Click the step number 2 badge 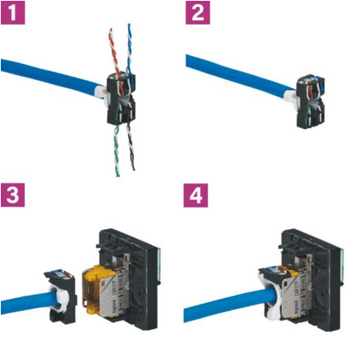197,14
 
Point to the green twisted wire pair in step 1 116,148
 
